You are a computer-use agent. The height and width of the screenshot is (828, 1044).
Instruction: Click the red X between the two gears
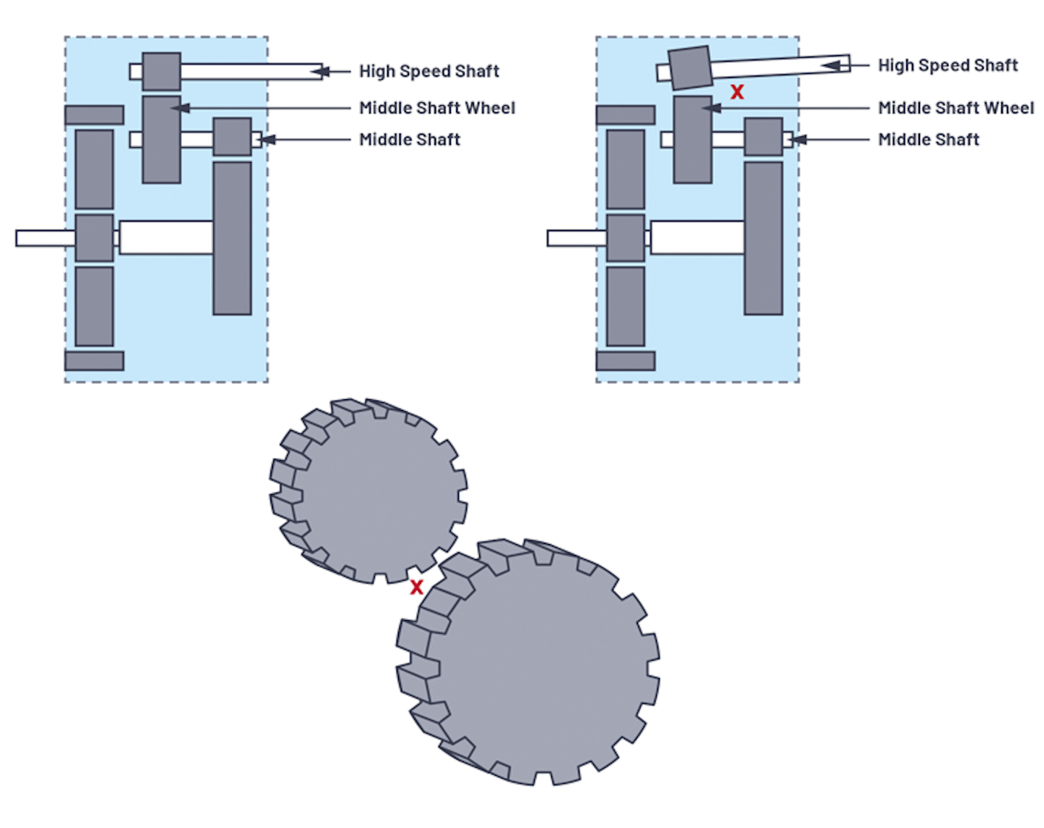[416, 587]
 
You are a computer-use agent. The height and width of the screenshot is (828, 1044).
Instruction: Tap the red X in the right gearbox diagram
[737, 91]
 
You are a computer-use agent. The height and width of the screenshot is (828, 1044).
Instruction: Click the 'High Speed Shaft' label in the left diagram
[429, 71]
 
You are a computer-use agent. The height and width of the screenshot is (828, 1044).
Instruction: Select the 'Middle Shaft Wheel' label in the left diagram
[437, 108]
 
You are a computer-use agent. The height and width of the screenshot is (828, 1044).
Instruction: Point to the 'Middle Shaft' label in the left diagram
[410, 140]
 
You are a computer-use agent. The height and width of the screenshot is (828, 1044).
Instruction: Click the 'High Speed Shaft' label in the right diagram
[948, 65]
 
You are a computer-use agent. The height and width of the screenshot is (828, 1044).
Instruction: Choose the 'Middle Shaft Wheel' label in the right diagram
[956, 108]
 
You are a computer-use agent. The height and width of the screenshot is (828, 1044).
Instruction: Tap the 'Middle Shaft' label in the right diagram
[929, 140]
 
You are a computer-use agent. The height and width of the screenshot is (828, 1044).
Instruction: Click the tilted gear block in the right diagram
[690, 68]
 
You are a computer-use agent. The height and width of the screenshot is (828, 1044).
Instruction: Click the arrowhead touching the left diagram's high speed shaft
[320, 72]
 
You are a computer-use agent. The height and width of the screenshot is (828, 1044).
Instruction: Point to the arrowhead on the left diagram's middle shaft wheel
[180, 108]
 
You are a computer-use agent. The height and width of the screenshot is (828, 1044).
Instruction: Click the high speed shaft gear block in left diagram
[162, 72]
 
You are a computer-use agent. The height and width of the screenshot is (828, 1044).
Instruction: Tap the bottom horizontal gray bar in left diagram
[94, 361]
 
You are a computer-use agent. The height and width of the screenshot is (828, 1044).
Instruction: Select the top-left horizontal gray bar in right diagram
[626, 115]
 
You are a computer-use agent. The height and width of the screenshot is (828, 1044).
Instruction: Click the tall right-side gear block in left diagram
[233, 238]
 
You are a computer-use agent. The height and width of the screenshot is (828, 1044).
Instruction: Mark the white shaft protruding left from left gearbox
[46, 238]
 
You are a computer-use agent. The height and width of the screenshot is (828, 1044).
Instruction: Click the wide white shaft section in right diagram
[697, 238]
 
